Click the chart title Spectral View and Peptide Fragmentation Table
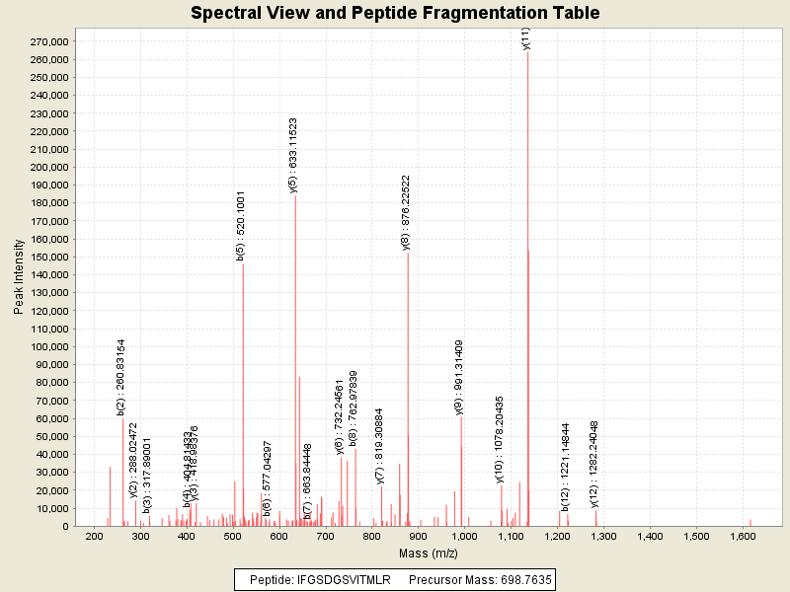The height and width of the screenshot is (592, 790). [x=395, y=13]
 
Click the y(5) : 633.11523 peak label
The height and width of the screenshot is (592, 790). [x=293, y=155]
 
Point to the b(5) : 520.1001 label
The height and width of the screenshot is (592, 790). [x=241, y=226]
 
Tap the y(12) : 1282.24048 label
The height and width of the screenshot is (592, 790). [x=594, y=464]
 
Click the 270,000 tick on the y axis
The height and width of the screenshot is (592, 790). [x=48, y=42]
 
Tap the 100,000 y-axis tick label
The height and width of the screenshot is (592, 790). [x=48, y=347]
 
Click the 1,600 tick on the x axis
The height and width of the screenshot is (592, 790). [x=743, y=537]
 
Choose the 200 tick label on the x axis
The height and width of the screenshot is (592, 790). [x=95, y=537]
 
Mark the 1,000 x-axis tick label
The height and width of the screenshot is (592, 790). [x=464, y=537]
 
